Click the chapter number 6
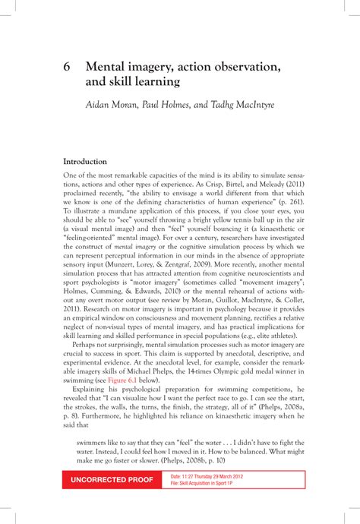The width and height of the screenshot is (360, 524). pos(67,68)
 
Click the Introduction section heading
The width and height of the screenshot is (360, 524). pos(85,161)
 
